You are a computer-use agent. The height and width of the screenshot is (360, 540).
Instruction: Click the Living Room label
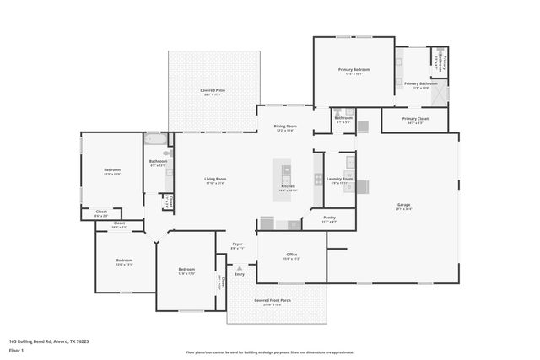click(215, 180)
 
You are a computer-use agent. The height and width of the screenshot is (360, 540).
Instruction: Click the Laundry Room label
click(340, 180)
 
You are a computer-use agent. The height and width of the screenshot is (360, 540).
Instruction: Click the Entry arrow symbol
click(240, 268)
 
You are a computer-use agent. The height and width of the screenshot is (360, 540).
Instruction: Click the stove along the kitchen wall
click(318, 179)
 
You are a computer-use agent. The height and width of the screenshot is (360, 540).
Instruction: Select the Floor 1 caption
click(16, 349)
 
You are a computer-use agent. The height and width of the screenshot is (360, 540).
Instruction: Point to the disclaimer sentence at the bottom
click(270, 352)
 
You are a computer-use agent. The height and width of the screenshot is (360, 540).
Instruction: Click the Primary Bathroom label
click(419, 84)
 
